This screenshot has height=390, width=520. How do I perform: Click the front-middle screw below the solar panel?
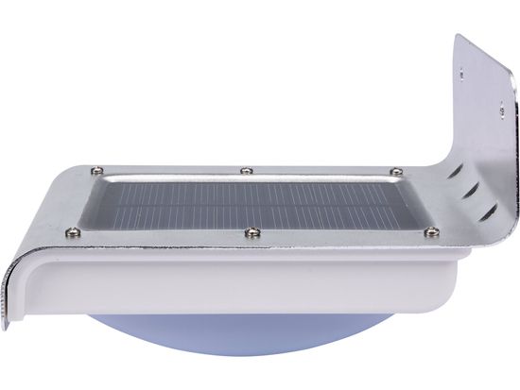click(x=251, y=231)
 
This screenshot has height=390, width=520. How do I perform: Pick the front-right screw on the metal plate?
click(x=433, y=230)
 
